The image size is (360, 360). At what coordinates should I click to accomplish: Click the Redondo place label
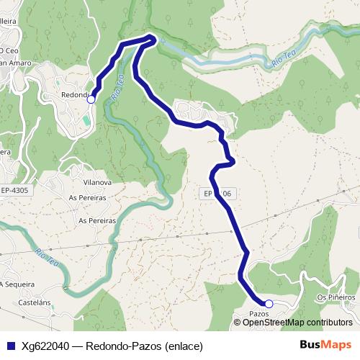(x=73, y=95)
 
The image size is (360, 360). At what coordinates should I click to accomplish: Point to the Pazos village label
(x=258, y=314)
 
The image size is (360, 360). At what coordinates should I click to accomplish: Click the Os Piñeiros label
(x=336, y=297)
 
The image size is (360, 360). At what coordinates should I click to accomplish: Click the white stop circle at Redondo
(x=91, y=100)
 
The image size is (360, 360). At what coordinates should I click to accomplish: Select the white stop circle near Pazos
(x=269, y=304)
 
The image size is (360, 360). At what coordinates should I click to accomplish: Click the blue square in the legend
(x=11, y=346)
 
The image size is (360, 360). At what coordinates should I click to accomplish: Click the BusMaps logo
(x=325, y=345)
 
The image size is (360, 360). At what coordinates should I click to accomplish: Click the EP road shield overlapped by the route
(x=216, y=194)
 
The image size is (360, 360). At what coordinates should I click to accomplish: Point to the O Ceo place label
(x=9, y=50)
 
